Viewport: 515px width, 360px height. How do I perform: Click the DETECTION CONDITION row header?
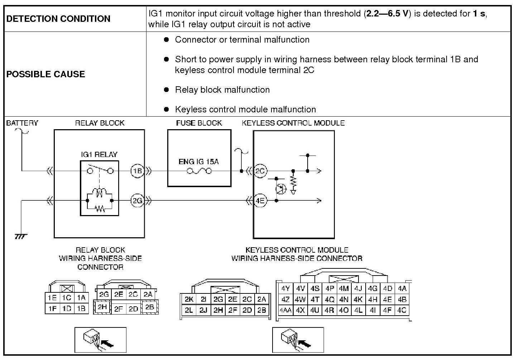pos(58,19)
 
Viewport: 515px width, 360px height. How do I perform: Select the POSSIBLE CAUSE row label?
pos(46,74)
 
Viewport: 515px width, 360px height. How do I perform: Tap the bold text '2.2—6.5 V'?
pos(387,14)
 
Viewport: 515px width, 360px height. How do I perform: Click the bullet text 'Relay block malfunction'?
pos(222,89)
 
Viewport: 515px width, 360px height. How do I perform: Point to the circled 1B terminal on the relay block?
pos(137,171)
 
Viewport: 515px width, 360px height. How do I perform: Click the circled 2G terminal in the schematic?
pos(137,201)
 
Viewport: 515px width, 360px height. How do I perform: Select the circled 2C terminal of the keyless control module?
pos(260,171)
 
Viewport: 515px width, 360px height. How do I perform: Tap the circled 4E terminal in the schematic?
pos(260,201)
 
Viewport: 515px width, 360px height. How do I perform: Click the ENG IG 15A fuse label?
pos(198,162)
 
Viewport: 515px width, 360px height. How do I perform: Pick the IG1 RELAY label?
pos(99,155)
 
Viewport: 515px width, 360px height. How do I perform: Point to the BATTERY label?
pos(22,123)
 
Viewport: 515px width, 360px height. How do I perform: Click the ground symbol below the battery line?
pos(21,237)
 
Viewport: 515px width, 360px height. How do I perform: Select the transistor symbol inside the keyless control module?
pos(281,189)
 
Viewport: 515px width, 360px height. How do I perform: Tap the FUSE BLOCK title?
pos(199,123)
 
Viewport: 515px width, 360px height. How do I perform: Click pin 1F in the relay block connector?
pos(52,308)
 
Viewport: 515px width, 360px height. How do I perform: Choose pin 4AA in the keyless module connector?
pos(285,310)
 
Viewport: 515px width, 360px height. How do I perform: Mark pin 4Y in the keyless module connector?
pos(285,288)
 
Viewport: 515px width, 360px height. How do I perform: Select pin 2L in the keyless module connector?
pos(189,310)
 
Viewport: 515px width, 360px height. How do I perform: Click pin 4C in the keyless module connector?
pos(401,310)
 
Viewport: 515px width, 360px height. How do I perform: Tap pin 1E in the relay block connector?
pos(52,298)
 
